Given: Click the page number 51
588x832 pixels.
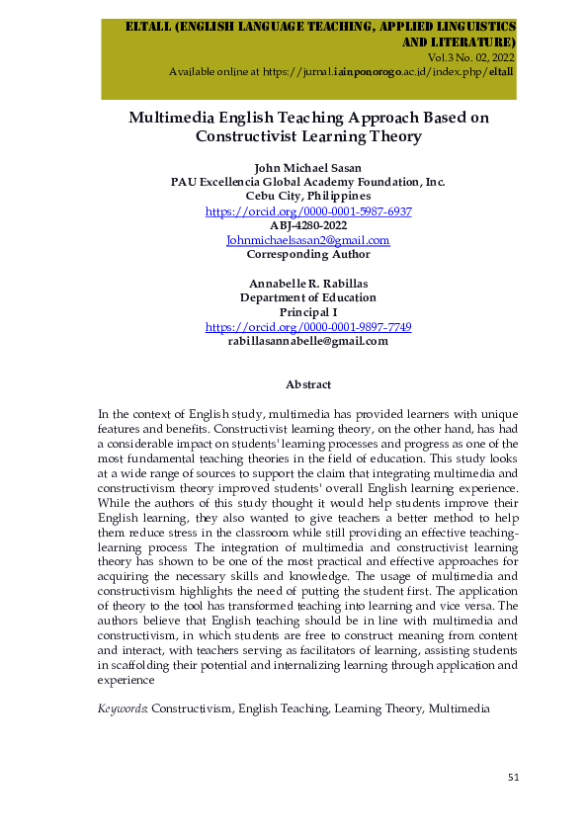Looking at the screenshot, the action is [513, 778].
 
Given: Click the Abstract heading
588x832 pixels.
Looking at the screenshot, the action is [307, 383].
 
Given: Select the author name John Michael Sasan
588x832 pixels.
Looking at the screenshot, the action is [308, 167].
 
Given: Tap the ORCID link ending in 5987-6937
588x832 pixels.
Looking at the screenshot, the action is [308, 211].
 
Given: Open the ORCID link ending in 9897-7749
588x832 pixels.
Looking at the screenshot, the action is [308, 327].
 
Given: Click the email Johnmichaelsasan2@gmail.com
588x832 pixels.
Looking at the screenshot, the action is [308, 240].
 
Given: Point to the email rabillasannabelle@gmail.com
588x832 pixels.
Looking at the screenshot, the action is [308, 341].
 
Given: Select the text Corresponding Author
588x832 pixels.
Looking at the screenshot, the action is [308, 254].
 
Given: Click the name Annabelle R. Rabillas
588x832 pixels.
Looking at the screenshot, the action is [308, 284].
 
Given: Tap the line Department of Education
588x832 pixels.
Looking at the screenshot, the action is [308, 297].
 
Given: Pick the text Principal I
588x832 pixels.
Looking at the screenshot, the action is [308, 312].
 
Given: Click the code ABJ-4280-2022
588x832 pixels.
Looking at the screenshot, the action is [308, 225].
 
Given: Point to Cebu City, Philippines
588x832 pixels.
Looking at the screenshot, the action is [308, 197].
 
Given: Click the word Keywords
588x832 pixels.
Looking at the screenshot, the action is [122, 709].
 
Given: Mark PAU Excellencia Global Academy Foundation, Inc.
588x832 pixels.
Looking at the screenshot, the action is [308, 182].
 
